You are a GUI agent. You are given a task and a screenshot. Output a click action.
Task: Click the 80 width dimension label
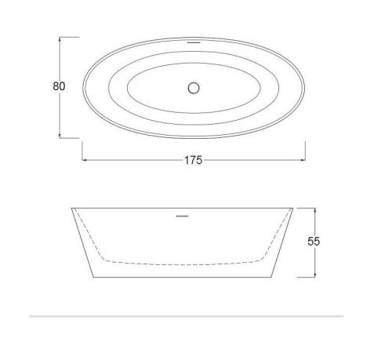tap(59, 86)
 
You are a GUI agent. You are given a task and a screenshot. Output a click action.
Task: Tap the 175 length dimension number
tap(193, 160)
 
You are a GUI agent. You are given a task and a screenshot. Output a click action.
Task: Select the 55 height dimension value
tap(314, 242)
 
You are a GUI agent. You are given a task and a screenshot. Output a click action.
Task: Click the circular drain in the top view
tap(194, 88)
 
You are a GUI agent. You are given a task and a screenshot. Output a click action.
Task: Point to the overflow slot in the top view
tap(194, 42)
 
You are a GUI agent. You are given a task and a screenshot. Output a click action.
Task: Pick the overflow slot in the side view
tap(182, 216)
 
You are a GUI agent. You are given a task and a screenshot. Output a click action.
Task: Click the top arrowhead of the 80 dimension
tap(60, 38)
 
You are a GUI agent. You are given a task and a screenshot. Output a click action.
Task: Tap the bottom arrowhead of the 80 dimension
tap(60, 136)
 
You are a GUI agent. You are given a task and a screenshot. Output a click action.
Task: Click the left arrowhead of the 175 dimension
tap(84, 159)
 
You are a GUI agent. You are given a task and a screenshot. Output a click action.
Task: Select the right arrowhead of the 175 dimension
tap(303, 159)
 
